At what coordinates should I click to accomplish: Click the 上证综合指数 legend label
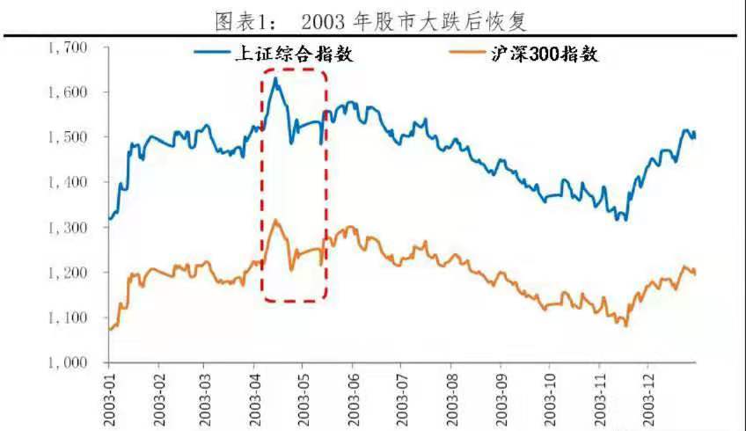[288, 54]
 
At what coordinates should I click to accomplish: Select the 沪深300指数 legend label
[545, 54]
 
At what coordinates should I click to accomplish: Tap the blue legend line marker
[212, 54]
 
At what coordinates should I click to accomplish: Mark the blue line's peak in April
[275, 78]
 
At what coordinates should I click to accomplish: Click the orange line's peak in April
[275, 220]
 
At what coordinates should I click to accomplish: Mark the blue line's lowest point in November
[625, 219]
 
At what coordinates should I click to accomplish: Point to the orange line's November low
[625, 325]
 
